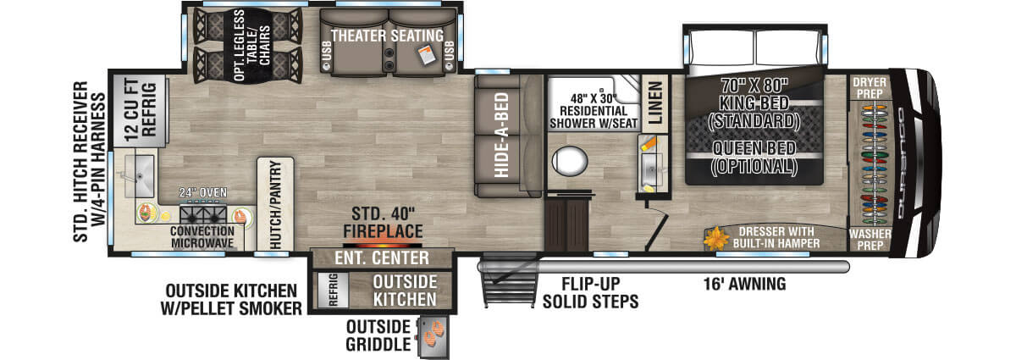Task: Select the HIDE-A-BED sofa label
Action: pos(501,135)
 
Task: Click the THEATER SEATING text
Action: pos(387,35)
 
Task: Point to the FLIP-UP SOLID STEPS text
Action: pos(590,292)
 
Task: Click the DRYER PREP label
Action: pos(869,87)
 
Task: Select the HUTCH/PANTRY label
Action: pos(275,204)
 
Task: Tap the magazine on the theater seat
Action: pos(426,55)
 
